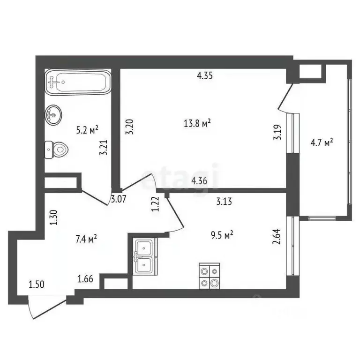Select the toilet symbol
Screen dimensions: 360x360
(56, 150)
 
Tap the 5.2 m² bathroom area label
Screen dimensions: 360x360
(87, 128)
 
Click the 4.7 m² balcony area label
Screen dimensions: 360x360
(322, 141)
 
